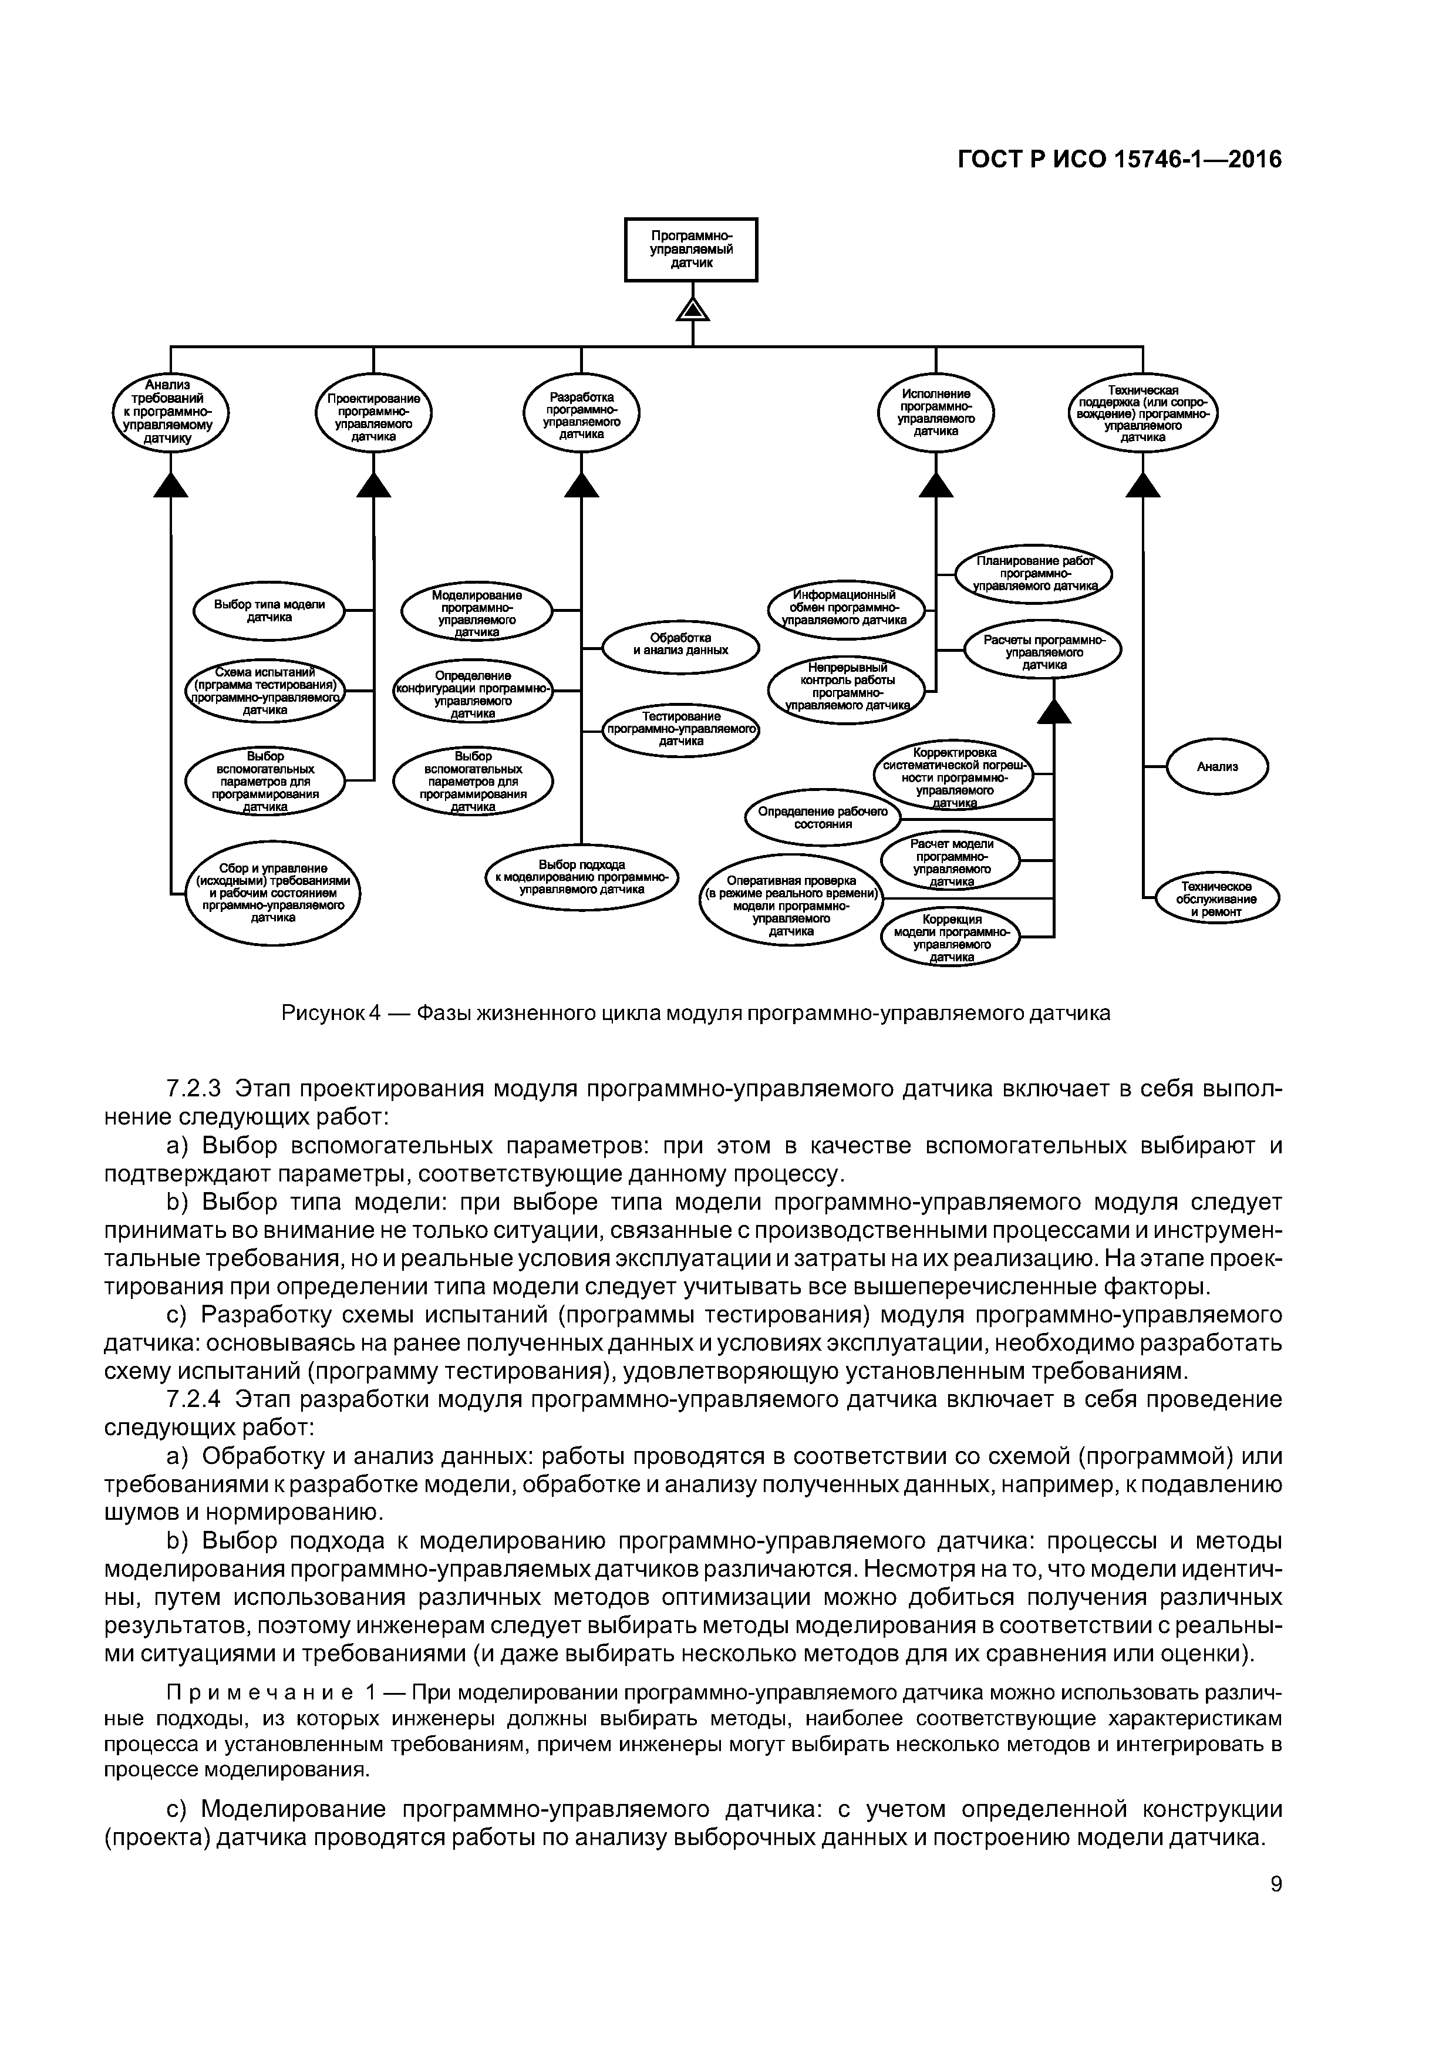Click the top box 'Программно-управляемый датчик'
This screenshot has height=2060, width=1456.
[x=691, y=250]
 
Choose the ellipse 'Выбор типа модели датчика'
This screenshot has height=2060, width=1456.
[x=269, y=610]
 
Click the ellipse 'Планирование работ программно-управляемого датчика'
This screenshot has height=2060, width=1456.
[x=1033, y=573]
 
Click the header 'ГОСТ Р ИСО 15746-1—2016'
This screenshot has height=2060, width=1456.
[x=1120, y=160]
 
